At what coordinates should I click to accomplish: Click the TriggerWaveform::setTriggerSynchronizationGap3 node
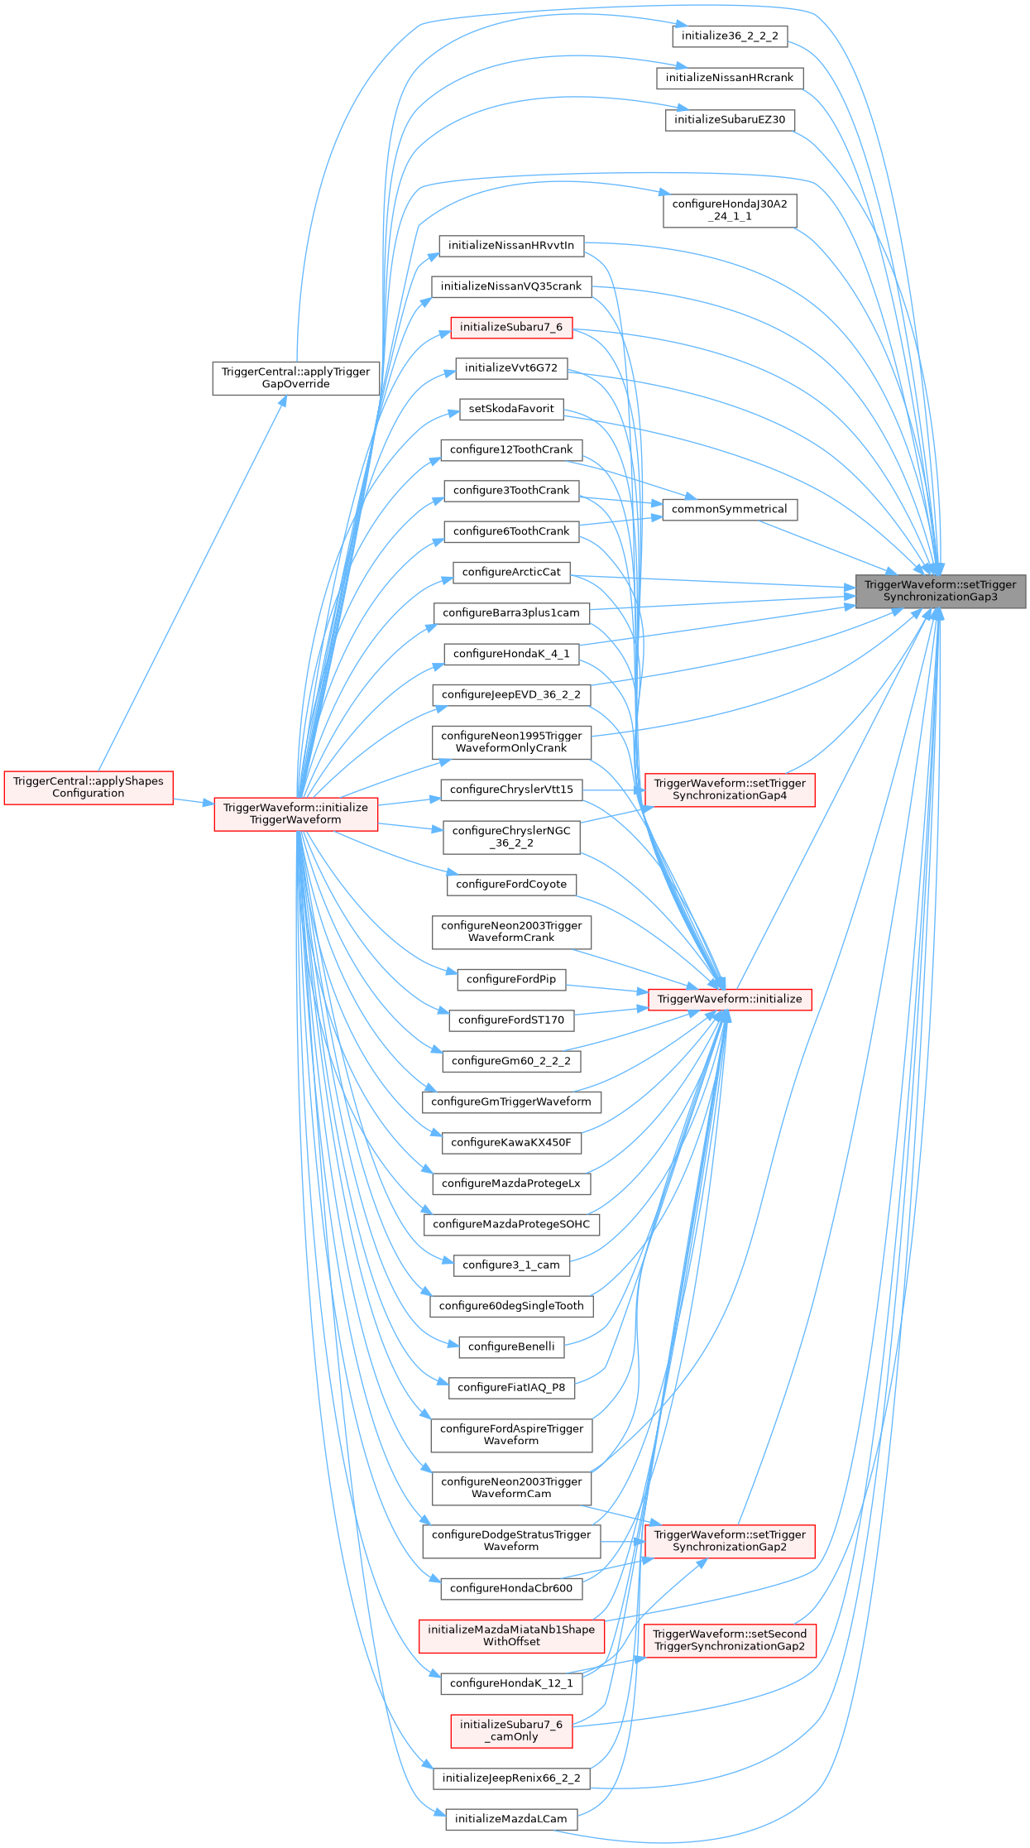click(x=940, y=591)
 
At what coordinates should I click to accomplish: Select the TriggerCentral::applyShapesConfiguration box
click(x=89, y=787)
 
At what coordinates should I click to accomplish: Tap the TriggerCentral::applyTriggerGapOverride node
click(x=295, y=378)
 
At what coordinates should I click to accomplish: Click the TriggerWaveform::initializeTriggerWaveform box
click(x=295, y=814)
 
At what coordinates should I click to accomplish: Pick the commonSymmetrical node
click(x=729, y=510)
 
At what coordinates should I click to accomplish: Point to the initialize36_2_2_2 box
click(x=729, y=36)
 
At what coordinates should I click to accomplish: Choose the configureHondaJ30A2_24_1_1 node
click(x=729, y=210)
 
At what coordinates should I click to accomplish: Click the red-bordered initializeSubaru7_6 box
click(x=510, y=328)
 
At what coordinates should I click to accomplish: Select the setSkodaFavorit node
click(x=510, y=409)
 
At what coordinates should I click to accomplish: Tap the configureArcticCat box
click(x=510, y=573)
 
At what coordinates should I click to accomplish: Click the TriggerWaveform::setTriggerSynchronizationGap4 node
click(x=729, y=790)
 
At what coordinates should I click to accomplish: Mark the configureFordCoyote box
click(x=510, y=885)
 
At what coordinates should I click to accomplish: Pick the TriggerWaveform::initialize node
click(x=729, y=1000)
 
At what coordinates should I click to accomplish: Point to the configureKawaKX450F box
click(x=510, y=1143)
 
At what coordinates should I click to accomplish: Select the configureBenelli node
click(x=510, y=1346)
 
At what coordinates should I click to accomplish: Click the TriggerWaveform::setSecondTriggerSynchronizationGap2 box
click(x=729, y=1640)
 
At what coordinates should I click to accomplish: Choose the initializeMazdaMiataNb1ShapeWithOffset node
click(x=510, y=1636)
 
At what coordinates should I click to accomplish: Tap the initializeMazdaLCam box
click(x=510, y=1819)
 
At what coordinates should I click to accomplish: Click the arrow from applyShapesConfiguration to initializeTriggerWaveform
click(x=194, y=800)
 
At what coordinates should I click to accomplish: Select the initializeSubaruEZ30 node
click(x=729, y=120)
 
